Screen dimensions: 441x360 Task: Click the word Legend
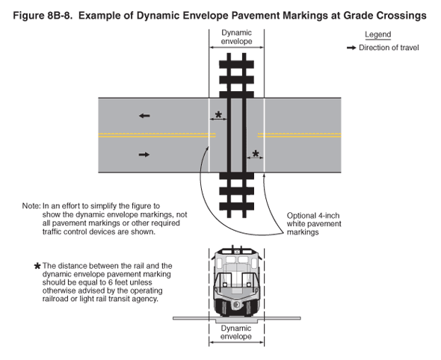click(377, 35)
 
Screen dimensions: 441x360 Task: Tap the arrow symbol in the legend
click(351, 48)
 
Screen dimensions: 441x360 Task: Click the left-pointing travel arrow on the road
click(144, 116)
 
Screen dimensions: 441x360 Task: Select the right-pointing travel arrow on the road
click(144, 155)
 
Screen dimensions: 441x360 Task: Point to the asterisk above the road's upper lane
click(218, 114)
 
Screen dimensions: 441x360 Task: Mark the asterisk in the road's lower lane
click(256, 153)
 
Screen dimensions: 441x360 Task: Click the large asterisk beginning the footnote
click(37, 266)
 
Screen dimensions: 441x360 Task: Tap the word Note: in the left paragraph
click(31, 206)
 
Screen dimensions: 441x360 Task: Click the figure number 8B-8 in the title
click(58, 16)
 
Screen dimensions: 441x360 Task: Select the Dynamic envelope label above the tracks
click(236, 37)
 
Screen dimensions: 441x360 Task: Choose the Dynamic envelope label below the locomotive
click(236, 332)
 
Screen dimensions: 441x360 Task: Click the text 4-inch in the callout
click(327, 216)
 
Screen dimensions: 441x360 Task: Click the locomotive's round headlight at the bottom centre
click(236, 304)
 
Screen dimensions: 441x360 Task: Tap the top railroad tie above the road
click(236, 64)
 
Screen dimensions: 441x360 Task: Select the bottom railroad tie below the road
click(236, 207)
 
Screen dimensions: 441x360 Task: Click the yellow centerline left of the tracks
click(157, 135)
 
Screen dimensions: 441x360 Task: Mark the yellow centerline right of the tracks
click(300, 135)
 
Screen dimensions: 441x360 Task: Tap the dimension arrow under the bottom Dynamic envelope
click(236, 342)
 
